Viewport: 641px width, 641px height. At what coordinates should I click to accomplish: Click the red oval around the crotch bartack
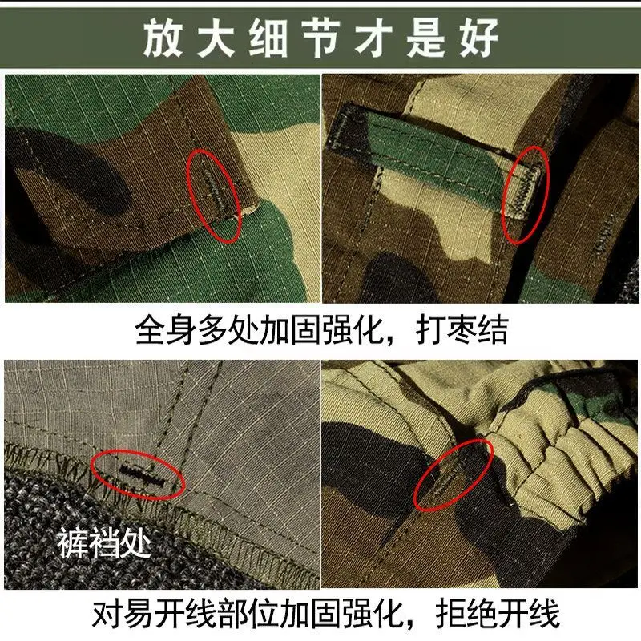coord(138,475)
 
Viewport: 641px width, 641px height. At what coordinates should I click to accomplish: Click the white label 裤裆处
coord(103,545)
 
